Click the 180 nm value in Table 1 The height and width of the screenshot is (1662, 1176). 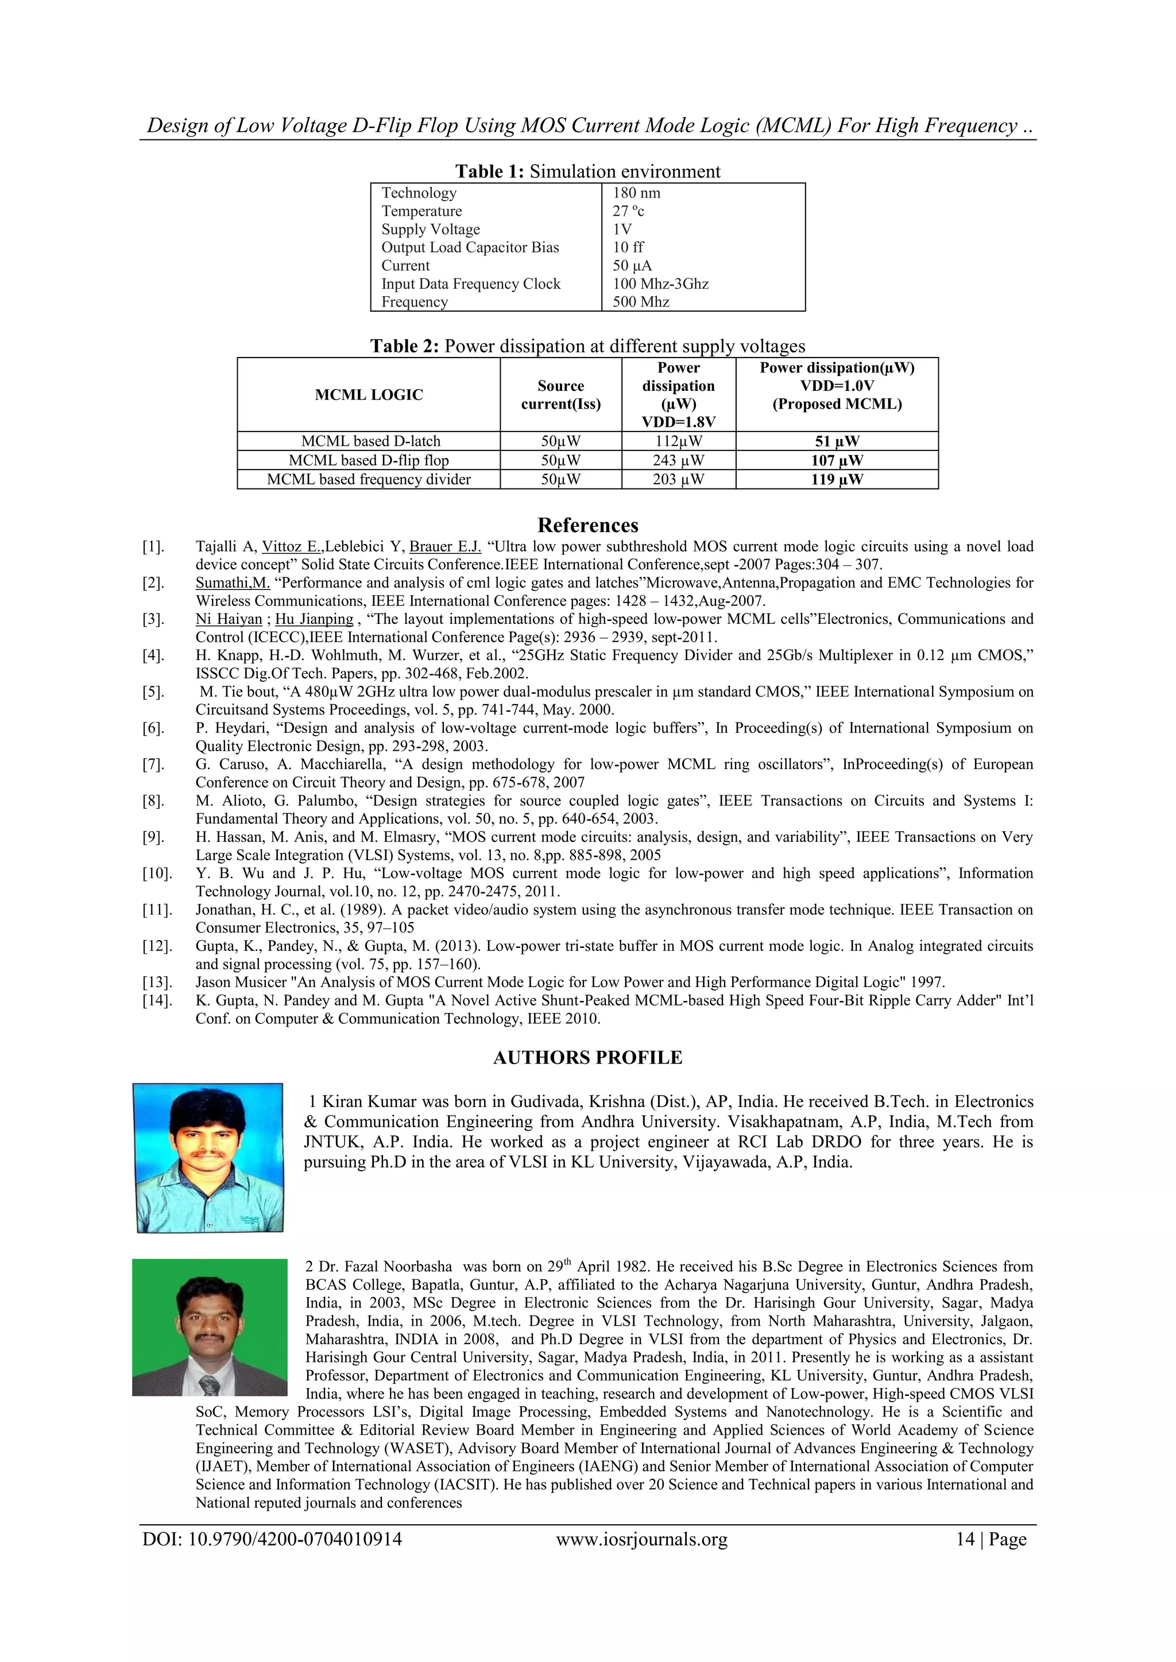pos(636,193)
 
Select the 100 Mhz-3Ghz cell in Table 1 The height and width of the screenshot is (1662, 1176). pos(660,284)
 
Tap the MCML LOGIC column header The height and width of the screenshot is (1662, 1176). pos(369,394)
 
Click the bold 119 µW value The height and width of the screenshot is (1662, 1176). pos(837,479)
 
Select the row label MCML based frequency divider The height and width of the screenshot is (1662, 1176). pos(369,479)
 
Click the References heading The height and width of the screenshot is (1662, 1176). pos(587,525)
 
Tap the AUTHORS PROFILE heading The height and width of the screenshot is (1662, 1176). pos(587,1058)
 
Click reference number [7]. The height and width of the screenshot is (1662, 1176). pos(153,764)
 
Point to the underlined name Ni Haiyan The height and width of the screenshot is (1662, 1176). pos(229,619)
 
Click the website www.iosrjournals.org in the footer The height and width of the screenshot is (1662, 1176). pos(641,1540)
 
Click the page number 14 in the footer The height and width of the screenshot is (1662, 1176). pos(965,1540)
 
